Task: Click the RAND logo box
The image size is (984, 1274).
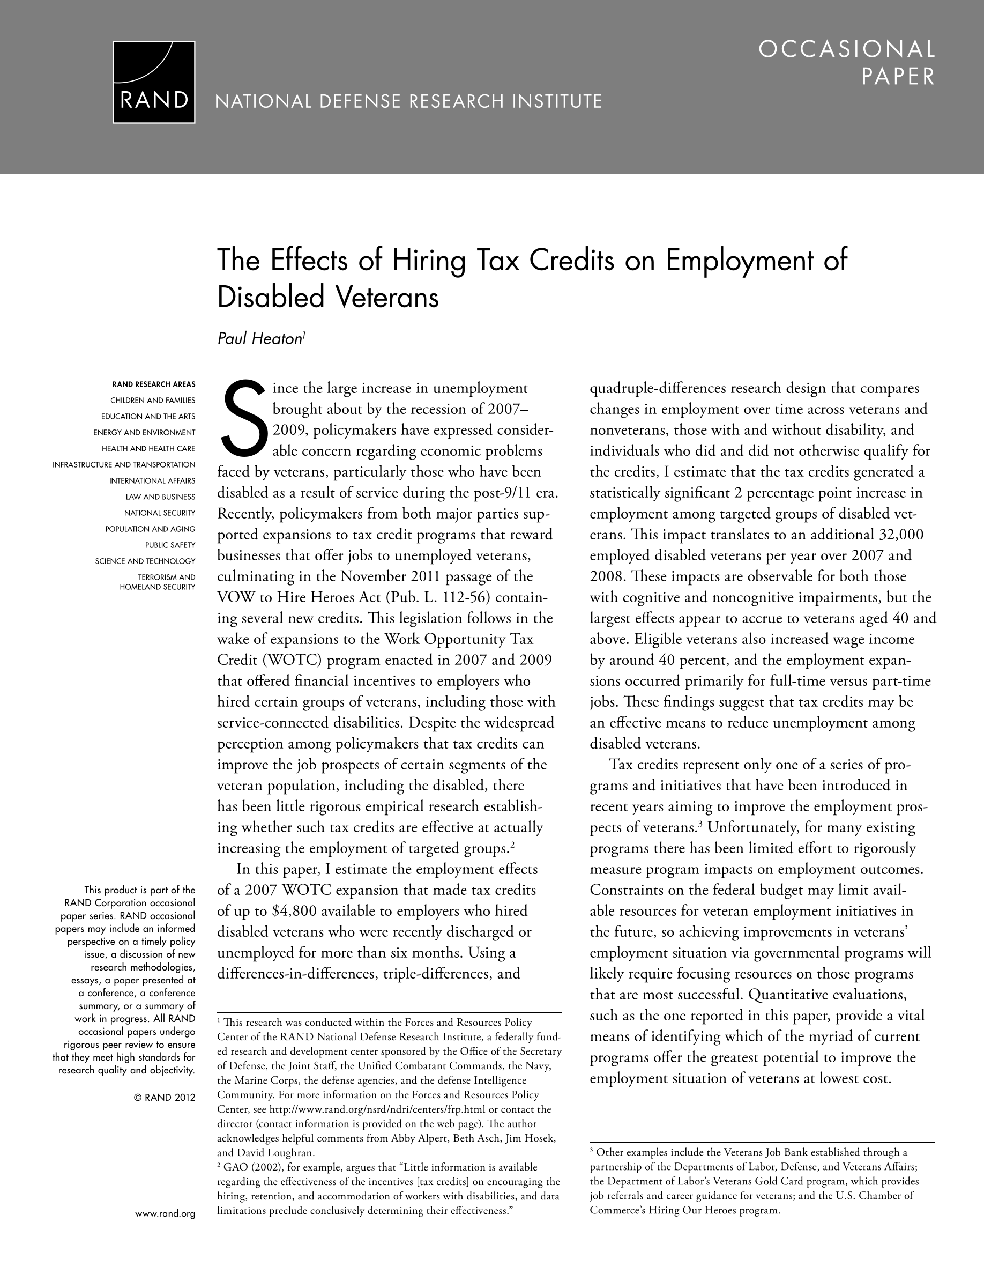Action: coord(154,82)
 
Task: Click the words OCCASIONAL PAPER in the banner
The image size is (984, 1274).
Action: coord(846,63)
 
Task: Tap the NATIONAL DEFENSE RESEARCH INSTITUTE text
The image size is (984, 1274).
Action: coord(408,102)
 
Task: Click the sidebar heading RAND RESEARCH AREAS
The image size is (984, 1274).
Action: coord(154,384)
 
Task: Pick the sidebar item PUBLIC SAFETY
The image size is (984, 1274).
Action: coord(170,545)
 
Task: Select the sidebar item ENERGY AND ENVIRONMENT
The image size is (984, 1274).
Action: coord(144,432)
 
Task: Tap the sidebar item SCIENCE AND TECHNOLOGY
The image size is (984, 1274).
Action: coord(145,561)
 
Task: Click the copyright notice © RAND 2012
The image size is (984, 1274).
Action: coord(165,1097)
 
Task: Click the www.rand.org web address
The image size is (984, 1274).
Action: coord(165,1214)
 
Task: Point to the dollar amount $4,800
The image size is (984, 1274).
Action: coord(293,911)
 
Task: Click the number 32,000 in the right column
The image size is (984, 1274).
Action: coord(900,535)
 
